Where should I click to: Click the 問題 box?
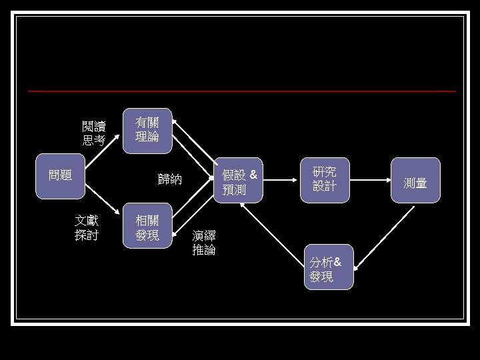(60, 176)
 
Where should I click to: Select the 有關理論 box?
(147, 131)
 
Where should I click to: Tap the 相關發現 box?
(147, 225)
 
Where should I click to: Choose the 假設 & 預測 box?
(238, 180)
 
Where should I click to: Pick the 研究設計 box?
(325, 180)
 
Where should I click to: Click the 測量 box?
(416, 180)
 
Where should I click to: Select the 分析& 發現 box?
(329, 267)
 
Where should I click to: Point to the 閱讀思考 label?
(94, 133)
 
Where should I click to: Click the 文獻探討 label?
(87, 228)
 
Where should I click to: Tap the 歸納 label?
(170, 179)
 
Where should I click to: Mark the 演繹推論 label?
(204, 243)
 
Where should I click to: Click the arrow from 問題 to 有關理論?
(102, 151)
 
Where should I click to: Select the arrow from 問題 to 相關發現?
(102, 199)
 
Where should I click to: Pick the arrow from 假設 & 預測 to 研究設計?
(280, 180)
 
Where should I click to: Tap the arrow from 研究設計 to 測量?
(371, 180)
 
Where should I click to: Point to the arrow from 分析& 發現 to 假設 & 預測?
(272, 234)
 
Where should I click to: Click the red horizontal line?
(242, 91)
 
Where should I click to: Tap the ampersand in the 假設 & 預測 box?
(253, 175)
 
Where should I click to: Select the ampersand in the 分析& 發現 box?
(337, 262)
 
